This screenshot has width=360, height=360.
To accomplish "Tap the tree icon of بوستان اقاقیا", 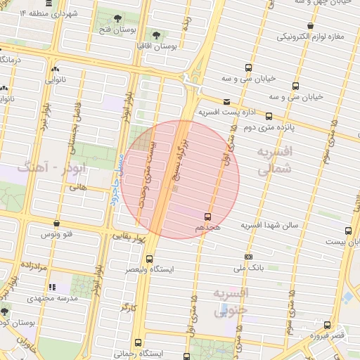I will (x=155, y=34).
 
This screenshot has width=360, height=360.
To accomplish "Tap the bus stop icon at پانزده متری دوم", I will (x=269, y=117).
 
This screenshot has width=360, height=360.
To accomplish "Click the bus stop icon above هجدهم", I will (x=207, y=217).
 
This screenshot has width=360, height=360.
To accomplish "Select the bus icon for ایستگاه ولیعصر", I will (x=148, y=258).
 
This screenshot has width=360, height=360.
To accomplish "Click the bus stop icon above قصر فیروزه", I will (x=328, y=325).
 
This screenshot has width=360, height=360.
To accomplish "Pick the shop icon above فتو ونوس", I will (x=56, y=224).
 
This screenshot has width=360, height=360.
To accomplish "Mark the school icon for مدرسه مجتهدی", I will (x=52, y=287).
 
